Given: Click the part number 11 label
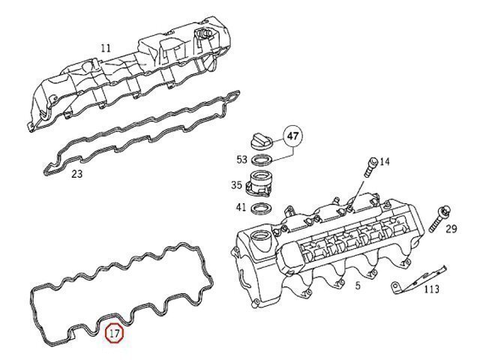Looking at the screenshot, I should (x=106, y=48).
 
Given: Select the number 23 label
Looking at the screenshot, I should (x=76, y=174).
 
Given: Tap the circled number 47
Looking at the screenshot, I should (x=293, y=137).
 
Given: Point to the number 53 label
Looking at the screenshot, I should (x=241, y=159).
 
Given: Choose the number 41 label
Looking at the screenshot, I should (x=241, y=207).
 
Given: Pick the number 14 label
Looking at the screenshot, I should (x=385, y=161).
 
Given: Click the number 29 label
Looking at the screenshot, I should (x=451, y=229).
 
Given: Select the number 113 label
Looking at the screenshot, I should (x=432, y=289).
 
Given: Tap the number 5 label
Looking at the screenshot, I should (x=358, y=286).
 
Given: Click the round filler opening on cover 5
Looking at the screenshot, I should (x=262, y=241).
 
